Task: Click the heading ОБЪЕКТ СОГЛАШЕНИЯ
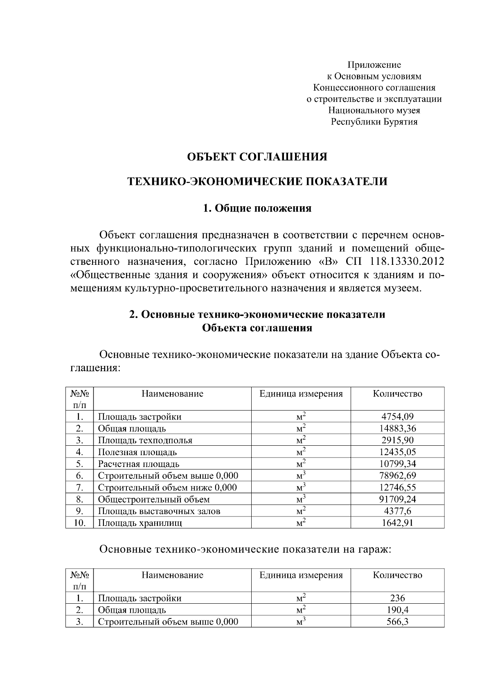coord(257,157)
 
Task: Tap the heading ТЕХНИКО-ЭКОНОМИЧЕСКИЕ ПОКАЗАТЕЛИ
coord(257,182)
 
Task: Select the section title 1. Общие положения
coord(257,208)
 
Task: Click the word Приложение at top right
coord(374,65)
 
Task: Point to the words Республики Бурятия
coord(374,122)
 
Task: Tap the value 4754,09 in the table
coord(397,417)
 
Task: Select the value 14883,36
coord(397,429)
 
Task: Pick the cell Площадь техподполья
coord(145,440)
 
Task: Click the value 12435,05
coord(397,452)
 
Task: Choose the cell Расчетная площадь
coord(138,464)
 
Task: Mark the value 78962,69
coord(397,476)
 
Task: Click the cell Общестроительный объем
coord(153,499)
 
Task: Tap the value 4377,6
coord(397,511)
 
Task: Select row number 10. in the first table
coord(79,523)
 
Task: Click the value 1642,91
coord(397,523)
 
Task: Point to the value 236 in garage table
coord(397,598)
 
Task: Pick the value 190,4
coord(397,610)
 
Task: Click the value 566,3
coord(397,622)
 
